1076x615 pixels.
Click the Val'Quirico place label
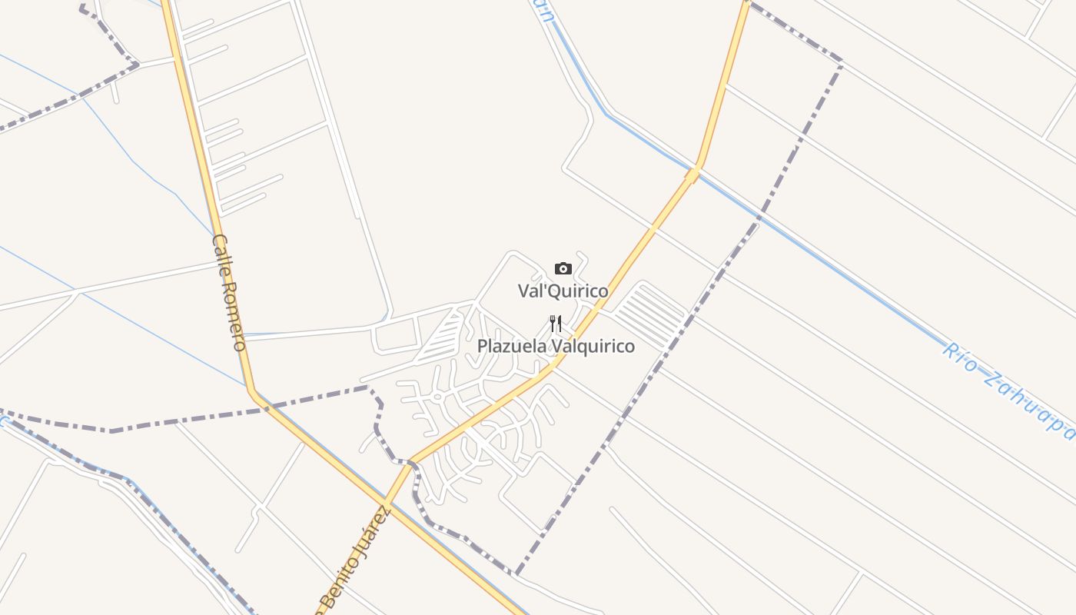pyautogui.click(x=563, y=291)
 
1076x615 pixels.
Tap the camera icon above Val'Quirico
pyautogui.click(x=563, y=268)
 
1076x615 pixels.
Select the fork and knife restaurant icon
pyautogui.click(x=556, y=324)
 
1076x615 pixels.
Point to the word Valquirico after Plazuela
pyautogui.click(x=593, y=347)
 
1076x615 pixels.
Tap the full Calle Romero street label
pyautogui.click(x=229, y=292)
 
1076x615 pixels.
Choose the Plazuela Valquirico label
pyautogui.click(x=556, y=347)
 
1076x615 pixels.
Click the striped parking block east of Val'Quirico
pyautogui.click(x=650, y=316)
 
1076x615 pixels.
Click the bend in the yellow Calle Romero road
pyautogui.click(x=251, y=391)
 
